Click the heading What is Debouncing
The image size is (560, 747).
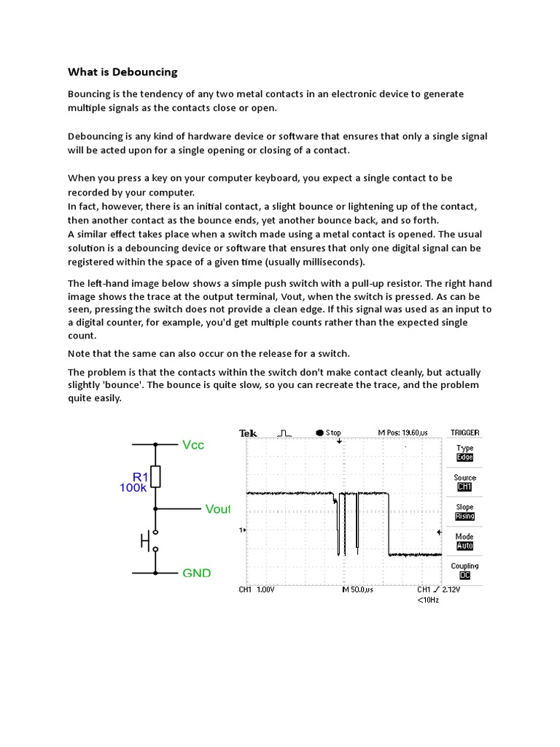(x=122, y=72)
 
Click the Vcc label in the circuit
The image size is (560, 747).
(x=193, y=444)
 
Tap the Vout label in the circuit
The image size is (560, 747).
(x=217, y=509)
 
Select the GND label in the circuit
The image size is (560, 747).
(x=196, y=573)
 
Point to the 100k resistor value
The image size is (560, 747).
(x=133, y=488)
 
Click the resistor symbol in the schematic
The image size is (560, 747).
(x=155, y=476)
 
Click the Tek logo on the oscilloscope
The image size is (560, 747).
(x=248, y=433)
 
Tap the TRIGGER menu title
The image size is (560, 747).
(x=464, y=433)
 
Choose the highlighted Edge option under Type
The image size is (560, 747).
(x=464, y=457)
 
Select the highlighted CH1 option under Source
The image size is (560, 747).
(x=464, y=487)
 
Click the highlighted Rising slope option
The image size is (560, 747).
(x=464, y=516)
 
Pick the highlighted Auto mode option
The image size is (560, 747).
(x=464, y=546)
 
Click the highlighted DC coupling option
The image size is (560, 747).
(x=464, y=575)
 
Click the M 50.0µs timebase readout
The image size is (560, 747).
(x=357, y=589)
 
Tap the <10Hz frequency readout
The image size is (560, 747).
(x=428, y=600)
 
